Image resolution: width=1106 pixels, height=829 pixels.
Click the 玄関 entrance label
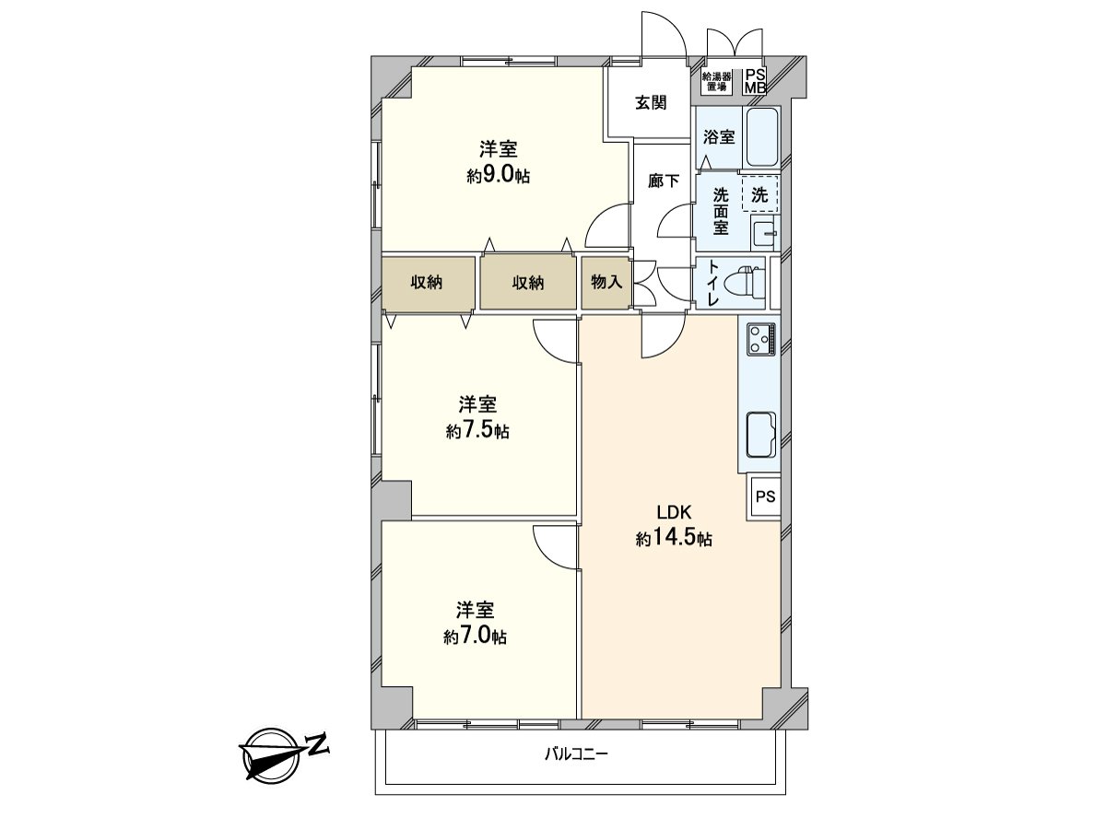tap(650, 103)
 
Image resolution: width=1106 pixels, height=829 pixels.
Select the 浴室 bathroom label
tap(719, 137)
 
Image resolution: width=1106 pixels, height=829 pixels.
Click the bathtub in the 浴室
tap(762, 138)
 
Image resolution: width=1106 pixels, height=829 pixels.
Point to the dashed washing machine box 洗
tap(759, 194)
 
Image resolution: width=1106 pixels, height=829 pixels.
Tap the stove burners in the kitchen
tap(761, 338)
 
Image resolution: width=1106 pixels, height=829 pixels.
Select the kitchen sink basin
tap(760, 434)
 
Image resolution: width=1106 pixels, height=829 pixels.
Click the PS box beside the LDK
tap(765, 496)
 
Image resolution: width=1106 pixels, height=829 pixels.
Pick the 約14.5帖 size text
tap(674, 540)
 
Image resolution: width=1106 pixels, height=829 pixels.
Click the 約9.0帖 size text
tap(497, 176)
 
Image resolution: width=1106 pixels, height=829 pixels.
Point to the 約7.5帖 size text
tap(477, 430)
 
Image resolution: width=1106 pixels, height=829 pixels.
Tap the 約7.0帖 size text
tap(475, 636)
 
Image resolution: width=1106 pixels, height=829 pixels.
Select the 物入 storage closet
tap(606, 283)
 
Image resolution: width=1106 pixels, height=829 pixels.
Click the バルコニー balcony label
tap(576, 754)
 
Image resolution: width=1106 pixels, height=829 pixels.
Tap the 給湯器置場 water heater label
tap(717, 81)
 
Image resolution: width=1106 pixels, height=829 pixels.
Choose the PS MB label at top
tap(755, 81)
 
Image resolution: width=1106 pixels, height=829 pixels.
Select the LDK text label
tap(674, 514)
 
